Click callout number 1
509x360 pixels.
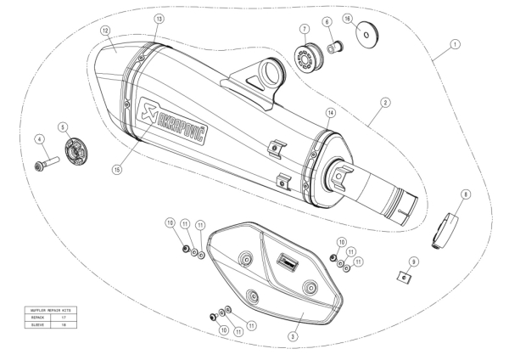455,43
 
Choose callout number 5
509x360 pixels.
63,127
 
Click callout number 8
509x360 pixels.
465,194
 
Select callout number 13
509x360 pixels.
158,18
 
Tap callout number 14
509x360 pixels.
330,112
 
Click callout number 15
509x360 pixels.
116,168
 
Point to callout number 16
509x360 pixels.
347,18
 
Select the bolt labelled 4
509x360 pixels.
43,161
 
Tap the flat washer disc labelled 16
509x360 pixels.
366,35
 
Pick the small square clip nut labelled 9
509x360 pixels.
406,276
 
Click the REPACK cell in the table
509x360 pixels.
40,317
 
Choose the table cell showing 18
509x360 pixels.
64,323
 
